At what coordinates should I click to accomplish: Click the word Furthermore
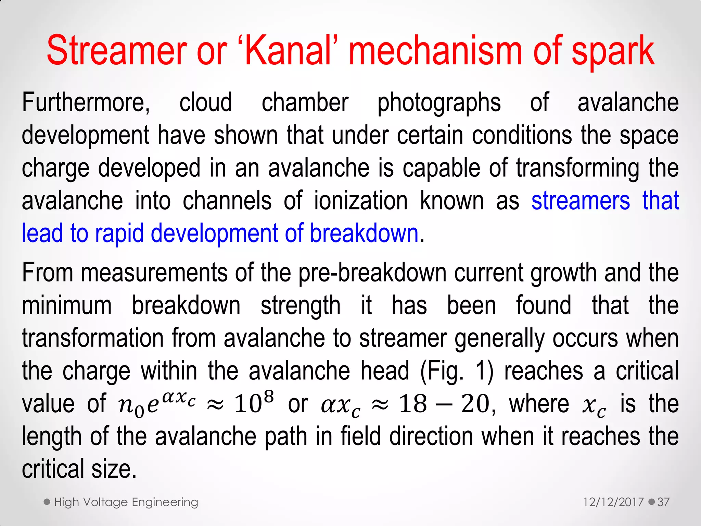(x=86, y=102)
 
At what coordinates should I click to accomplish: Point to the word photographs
(x=439, y=103)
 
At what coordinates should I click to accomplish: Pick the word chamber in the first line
(x=305, y=102)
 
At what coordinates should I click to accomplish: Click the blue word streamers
(x=581, y=201)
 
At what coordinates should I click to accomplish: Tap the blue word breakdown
(x=364, y=233)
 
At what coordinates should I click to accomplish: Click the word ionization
(x=361, y=201)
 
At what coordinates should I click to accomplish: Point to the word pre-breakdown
(x=372, y=273)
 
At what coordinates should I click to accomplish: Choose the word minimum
(x=67, y=305)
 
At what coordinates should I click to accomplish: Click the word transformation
(x=93, y=338)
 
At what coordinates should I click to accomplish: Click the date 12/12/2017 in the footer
(x=613, y=502)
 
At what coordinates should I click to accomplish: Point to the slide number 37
(x=663, y=502)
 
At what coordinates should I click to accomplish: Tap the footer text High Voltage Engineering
(x=126, y=502)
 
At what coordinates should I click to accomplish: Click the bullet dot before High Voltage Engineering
(x=47, y=502)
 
